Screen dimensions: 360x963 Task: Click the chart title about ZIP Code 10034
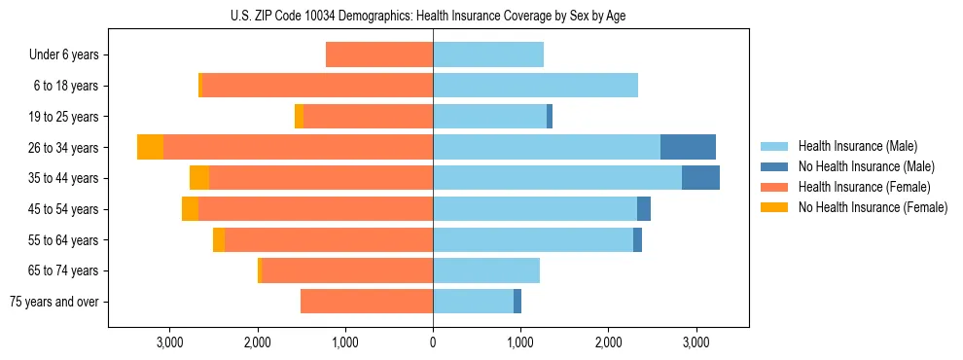pos(428,16)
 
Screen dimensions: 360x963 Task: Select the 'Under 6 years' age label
pos(64,55)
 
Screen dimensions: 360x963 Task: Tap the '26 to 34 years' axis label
pos(64,148)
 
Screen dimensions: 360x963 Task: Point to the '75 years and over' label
pos(54,302)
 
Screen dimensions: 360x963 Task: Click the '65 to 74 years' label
pos(64,270)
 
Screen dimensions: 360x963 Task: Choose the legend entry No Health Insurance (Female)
pos(873,207)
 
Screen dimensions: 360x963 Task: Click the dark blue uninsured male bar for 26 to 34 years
pos(688,147)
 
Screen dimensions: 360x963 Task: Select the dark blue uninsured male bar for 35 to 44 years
pos(700,178)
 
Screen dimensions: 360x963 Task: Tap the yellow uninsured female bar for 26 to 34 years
pos(150,147)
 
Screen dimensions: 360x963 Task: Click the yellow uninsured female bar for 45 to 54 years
pos(190,209)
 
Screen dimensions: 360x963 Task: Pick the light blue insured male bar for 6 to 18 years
pos(535,86)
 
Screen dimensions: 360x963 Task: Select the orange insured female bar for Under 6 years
pos(379,54)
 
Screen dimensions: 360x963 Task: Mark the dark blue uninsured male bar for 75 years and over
pos(517,302)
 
